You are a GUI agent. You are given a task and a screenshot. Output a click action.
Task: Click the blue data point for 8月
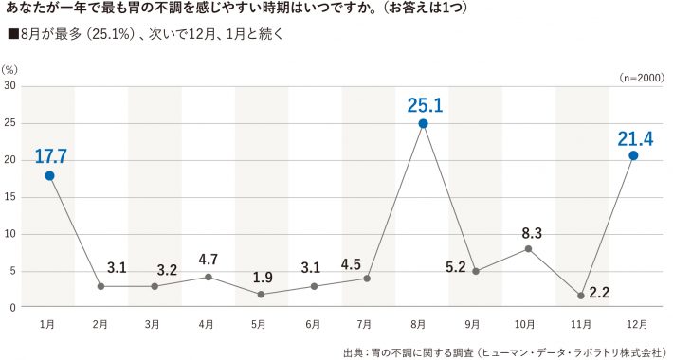(423, 123)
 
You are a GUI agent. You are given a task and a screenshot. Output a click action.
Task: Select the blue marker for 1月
(49, 176)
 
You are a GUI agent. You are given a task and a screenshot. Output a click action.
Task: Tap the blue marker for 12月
(633, 155)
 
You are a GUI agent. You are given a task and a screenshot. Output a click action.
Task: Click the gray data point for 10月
(528, 248)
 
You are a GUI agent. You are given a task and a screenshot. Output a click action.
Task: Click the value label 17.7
(50, 155)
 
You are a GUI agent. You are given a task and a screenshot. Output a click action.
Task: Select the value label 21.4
(634, 139)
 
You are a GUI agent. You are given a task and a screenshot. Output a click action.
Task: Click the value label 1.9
(262, 278)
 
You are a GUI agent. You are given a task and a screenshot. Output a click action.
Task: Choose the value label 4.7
(209, 259)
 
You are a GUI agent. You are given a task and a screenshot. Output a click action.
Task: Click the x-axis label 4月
(208, 324)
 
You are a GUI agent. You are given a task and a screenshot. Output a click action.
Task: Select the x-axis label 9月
(475, 324)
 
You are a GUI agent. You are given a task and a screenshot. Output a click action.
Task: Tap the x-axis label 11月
(580, 324)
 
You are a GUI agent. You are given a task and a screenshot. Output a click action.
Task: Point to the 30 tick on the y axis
(9, 86)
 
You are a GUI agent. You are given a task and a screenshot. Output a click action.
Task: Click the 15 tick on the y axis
(9, 197)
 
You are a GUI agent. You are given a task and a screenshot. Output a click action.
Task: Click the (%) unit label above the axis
(10, 69)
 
